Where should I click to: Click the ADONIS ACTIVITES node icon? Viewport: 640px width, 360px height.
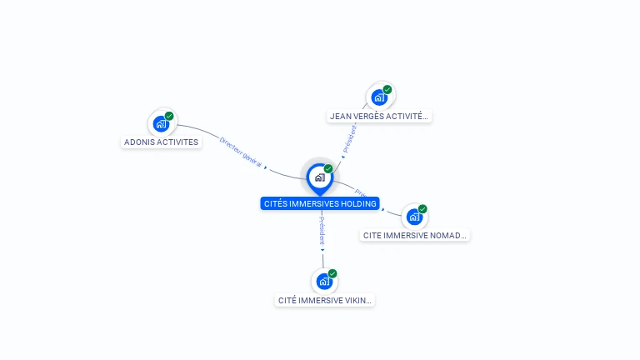click(x=162, y=124)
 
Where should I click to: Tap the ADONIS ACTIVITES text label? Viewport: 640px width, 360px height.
click(x=162, y=142)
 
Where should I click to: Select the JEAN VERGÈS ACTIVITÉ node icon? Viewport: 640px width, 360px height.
click(x=380, y=97)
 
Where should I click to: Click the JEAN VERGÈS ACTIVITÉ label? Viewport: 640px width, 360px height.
click(x=379, y=117)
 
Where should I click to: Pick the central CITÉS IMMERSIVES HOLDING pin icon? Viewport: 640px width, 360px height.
click(x=319, y=177)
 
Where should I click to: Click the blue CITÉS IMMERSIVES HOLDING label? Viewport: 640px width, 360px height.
click(x=320, y=203)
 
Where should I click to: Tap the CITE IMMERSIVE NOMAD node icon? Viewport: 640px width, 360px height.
click(x=414, y=217)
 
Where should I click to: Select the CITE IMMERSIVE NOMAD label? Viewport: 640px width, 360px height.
click(x=415, y=235)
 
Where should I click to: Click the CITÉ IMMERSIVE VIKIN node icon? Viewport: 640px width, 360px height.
click(x=324, y=282)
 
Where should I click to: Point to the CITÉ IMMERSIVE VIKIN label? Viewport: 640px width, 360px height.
click(x=325, y=300)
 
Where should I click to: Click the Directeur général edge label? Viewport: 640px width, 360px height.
click(x=241, y=152)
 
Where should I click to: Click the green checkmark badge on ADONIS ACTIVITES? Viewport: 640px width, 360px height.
click(x=169, y=116)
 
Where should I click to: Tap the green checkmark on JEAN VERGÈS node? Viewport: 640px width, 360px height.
click(x=387, y=89)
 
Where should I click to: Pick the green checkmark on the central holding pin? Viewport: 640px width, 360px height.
click(x=328, y=168)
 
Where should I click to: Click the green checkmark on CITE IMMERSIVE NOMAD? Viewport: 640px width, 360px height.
click(x=422, y=208)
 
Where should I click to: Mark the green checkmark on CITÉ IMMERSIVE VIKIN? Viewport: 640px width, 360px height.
click(x=332, y=273)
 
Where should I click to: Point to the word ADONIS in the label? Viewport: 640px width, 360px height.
click(x=139, y=142)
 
